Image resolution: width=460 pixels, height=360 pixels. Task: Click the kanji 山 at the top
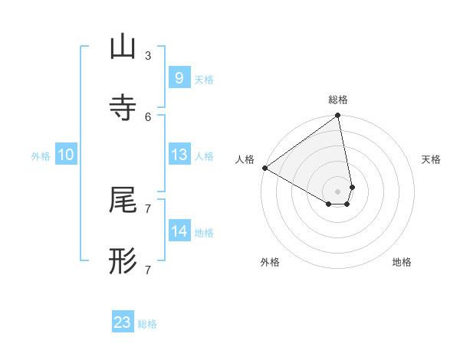(x=123, y=47)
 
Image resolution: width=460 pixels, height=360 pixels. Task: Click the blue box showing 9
(x=179, y=77)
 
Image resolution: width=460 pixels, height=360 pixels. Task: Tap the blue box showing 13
(x=179, y=155)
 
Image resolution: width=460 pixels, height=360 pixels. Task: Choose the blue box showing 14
(x=179, y=231)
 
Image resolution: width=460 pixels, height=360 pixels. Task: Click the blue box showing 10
(x=65, y=155)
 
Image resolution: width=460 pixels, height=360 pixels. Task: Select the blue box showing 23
(x=122, y=322)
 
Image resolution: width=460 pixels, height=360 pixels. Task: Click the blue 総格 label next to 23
(x=147, y=324)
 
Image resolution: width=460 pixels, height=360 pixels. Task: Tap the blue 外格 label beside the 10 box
(x=41, y=156)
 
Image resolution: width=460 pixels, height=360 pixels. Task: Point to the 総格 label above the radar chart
(x=338, y=100)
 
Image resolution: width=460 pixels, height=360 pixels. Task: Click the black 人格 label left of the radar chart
(x=245, y=159)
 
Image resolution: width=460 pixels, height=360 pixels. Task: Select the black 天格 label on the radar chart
(x=431, y=159)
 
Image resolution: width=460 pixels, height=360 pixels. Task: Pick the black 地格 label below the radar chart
(x=402, y=262)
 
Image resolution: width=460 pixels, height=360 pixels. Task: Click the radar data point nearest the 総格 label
(x=338, y=116)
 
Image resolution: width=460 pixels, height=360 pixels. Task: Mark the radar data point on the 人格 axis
(x=264, y=168)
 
